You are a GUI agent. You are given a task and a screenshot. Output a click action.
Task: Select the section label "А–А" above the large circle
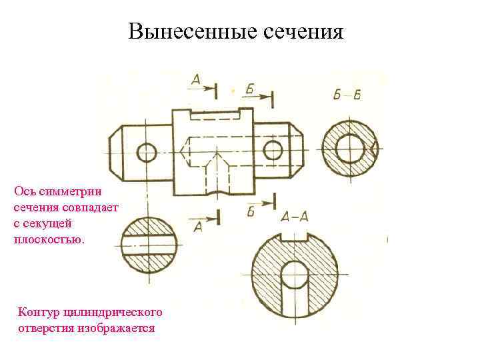pos(294,215)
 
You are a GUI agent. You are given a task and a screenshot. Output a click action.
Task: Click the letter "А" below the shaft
pos(198,227)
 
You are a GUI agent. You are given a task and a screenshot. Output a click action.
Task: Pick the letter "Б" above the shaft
pos(249,89)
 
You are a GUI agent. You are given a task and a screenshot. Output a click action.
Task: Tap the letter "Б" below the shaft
pos(251,212)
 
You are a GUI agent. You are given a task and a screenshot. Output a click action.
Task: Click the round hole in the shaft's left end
pos(147,153)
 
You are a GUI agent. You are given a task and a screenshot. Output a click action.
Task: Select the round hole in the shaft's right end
pos(272,150)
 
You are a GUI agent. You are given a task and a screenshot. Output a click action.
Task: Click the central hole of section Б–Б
pos(349,149)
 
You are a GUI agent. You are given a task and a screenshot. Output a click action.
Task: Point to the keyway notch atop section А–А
pos(294,236)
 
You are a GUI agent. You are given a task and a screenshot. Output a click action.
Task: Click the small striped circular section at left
pos(149,245)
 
